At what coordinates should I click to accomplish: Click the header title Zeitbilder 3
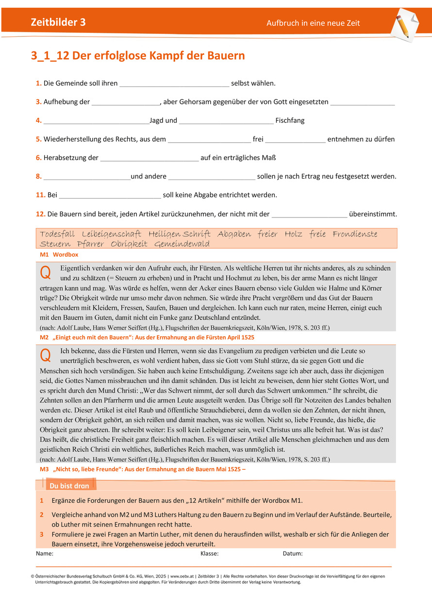point(58,22)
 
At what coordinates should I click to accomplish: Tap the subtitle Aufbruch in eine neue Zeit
point(313,23)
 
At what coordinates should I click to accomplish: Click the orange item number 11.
point(41,195)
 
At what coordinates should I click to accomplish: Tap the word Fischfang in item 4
point(290,120)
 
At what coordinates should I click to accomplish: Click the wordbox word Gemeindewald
point(182,244)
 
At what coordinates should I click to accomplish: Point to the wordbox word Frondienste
point(355,234)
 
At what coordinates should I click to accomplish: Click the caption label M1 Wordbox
point(59,254)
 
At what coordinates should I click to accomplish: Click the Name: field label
point(45,554)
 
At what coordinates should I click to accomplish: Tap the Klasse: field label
point(209,554)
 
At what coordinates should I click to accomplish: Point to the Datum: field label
point(293,554)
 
